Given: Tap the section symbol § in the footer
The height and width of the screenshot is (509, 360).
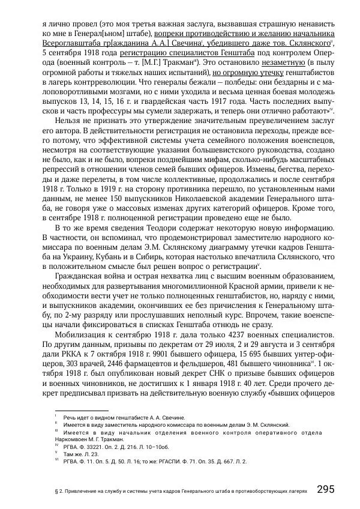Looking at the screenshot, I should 56,491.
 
